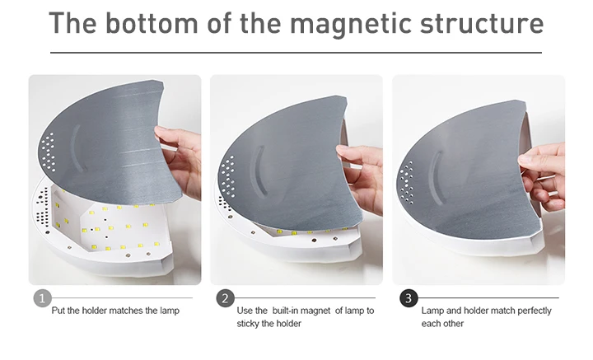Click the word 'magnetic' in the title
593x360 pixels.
pyautogui.click(x=351, y=23)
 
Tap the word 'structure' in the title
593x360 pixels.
pyautogui.click(x=482, y=23)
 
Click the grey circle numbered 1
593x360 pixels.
pyautogui.click(x=42, y=298)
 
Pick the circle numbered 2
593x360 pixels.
pyautogui.click(x=225, y=298)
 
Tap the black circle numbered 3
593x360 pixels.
pyautogui.click(x=409, y=298)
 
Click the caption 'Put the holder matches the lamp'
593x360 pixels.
pyautogui.click(x=115, y=311)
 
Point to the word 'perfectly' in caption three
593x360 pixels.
pyautogui.click(x=534, y=311)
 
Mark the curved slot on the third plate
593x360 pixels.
pyautogui.click(x=436, y=175)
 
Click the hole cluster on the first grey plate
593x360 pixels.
pyautogui.click(x=49, y=152)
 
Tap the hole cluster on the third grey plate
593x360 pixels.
pyautogui.click(x=405, y=181)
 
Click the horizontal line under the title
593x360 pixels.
pyautogui.click(x=296, y=53)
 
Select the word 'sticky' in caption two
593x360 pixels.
pyautogui.click(x=248, y=324)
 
